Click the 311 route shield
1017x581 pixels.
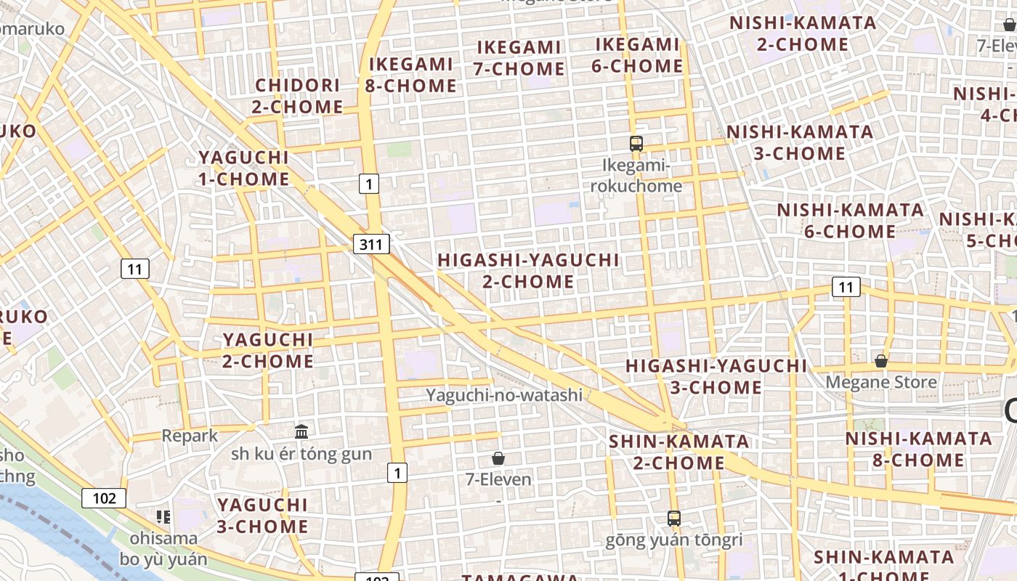click(x=370, y=244)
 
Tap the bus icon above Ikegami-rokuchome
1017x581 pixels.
click(x=636, y=143)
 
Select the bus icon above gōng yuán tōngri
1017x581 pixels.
click(x=674, y=519)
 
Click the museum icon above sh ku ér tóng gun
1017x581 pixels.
click(x=301, y=431)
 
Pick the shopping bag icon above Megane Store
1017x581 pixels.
click(x=881, y=360)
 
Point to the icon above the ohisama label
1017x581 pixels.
click(x=163, y=517)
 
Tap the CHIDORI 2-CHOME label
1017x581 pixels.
click(x=298, y=96)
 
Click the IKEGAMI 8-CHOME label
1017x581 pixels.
click(x=411, y=75)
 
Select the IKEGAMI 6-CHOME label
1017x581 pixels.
click(x=637, y=55)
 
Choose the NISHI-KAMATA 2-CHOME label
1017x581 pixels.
click(x=803, y=33)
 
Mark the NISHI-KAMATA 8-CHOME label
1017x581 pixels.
click(x=918, y=450)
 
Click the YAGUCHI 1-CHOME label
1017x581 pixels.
click(x=244, y=168)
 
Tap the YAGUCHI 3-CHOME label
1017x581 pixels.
click(x=262, y=515)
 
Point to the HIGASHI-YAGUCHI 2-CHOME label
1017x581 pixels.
click(x=529, y=271)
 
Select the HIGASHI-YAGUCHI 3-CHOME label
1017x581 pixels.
click(x=716, y=376)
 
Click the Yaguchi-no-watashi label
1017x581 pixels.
click(x=504, y=395)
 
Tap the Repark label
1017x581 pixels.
click(x=190, y=436)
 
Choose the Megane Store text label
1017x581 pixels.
click(x=881, y=382)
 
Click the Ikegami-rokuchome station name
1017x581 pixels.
click(x=636, y=176)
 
